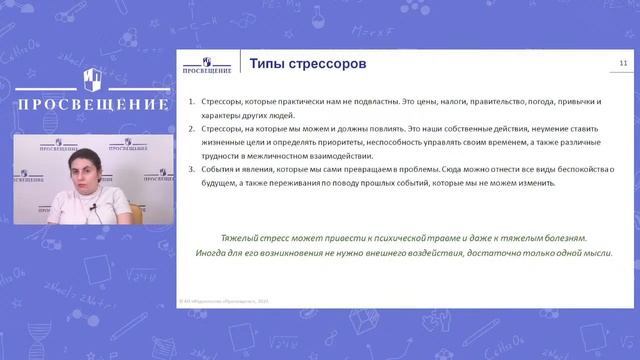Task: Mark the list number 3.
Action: [x=191, y=170]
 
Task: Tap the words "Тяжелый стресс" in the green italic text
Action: [x=254, y=238]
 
